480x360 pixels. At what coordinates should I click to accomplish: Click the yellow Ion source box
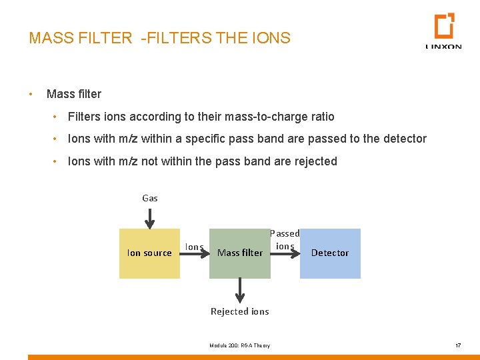(x=149, y=253)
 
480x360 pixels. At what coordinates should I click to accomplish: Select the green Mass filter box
(x=240, y=253)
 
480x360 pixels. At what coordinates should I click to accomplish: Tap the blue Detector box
(x=330, y=253)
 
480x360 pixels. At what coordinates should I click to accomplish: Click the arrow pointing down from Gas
(x=150, y=217)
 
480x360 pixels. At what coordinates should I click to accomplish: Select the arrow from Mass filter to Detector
(x=285, y=253)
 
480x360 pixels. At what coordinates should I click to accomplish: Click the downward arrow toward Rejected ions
(x=240, y=291)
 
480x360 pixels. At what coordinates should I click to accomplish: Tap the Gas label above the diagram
(x=150, y=198)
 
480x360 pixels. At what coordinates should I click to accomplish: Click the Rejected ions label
(x=240, y=311)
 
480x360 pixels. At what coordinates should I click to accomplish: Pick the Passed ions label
(x=285, y=239)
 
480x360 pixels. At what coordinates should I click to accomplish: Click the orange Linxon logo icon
(x=444, y=26)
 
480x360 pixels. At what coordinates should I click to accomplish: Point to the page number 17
(x=457, y=345)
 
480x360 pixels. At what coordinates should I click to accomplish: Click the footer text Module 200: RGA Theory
(x=240, y=345)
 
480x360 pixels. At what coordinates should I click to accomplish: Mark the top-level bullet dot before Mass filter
(x=31, y=94)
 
